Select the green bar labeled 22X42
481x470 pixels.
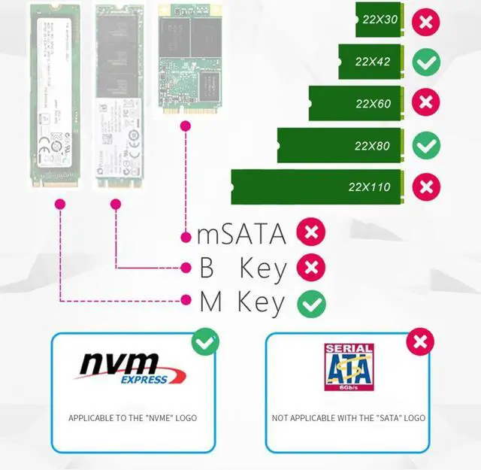[x=372, y=62]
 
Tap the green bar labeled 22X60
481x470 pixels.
[x=357, y=103]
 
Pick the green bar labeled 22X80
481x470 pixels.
[x=341, y=144]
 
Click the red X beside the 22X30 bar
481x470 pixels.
[x=426, y=20]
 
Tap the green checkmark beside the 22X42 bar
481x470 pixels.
[x=426, y=62]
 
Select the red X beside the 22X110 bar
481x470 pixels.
[x=426, y=186]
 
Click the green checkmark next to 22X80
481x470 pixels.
[x=426, y=144]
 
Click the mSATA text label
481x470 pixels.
[x=241, y=234]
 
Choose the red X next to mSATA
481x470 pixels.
[x=311, y=233]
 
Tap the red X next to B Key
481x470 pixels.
[x=311, y=267]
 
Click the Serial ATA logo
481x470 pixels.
[x=349, y=368]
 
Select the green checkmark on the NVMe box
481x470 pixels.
[x=205, y=342]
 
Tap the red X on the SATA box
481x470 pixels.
[x=420, y=342]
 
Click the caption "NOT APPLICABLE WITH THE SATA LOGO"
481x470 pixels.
[x=349, y=418]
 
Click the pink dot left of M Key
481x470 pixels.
[x=186, y=300]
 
